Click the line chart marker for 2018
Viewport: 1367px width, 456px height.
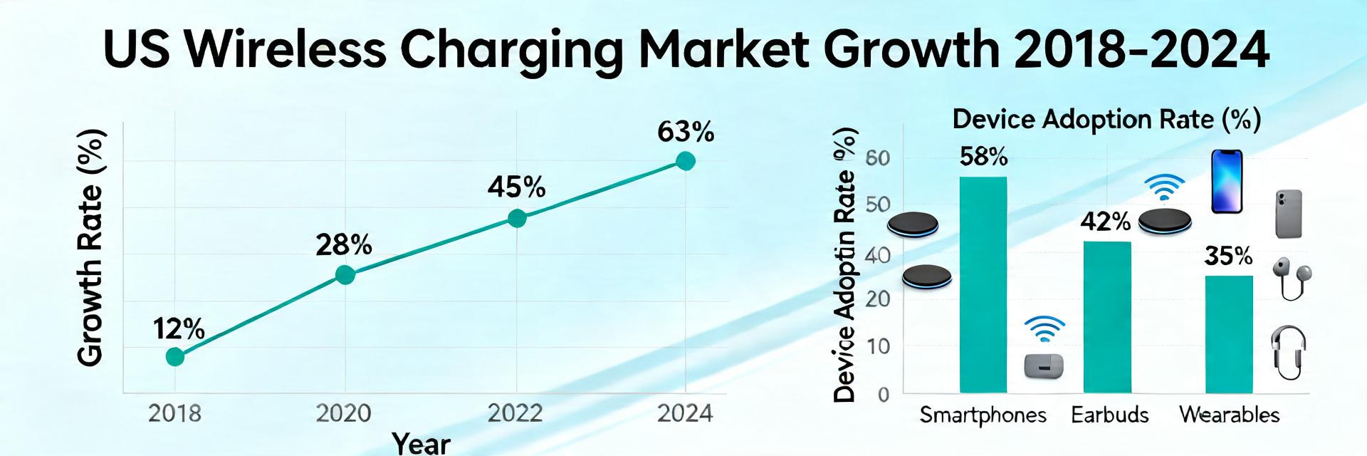point(175,356)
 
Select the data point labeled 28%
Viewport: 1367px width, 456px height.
point(345,274)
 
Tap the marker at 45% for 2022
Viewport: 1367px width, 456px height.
point(517,218)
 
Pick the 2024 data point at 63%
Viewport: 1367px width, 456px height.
point(685,161)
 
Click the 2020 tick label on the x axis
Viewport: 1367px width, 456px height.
point(345,413)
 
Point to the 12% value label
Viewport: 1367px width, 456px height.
point(179,329)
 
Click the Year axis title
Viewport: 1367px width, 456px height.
point(421,443)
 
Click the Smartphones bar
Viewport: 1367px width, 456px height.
point(983,285)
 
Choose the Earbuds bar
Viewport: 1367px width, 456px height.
point(1107,317)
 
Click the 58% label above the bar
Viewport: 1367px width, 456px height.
point(983,157)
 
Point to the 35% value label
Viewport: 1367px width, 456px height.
point(1228,256)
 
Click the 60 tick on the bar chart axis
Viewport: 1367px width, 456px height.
point(878,158)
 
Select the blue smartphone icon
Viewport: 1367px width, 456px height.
point(1227,182)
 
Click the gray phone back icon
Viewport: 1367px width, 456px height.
point(1289,213)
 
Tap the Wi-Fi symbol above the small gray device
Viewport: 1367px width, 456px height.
point(1044,330)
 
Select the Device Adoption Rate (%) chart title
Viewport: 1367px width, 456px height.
point(1106,119)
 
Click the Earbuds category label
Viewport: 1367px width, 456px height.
point(1109,415)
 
